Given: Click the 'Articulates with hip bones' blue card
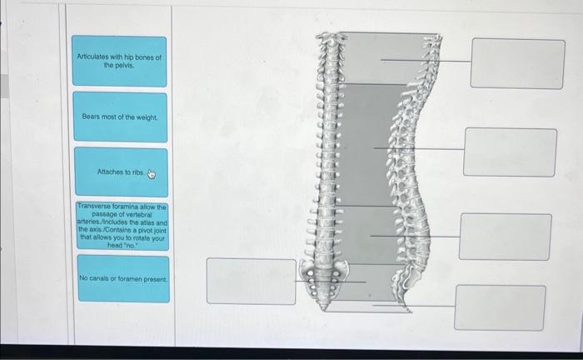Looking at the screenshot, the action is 119,62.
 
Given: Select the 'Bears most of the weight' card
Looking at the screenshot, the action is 120,117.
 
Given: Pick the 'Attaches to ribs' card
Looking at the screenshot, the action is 122,172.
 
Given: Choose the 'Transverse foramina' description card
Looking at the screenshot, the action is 122,226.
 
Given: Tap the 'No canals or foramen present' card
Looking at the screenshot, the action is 123,278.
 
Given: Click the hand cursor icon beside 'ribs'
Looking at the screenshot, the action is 151,173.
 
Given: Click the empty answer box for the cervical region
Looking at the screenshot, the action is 517,63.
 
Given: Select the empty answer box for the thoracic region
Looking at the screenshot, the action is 510,152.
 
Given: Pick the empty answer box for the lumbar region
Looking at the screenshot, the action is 506,237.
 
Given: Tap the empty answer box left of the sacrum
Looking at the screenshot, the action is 252,281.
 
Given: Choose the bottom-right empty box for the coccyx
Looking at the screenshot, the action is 500,307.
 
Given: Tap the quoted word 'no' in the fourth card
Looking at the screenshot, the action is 130,246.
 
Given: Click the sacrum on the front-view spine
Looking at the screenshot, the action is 324,283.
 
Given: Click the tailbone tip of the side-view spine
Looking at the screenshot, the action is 409,310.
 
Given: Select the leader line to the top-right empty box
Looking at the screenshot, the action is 426,61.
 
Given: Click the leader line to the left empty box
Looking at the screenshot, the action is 330,282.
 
